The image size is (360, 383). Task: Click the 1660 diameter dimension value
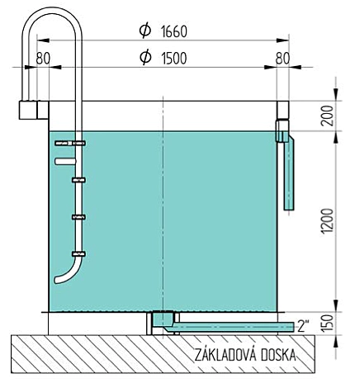tap(174, 31)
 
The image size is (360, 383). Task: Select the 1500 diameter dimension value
tap(174, 58)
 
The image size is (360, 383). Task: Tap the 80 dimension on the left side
tap(43, 58)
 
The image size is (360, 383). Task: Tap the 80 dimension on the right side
tap(282, 58)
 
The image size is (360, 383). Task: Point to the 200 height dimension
tap(328, 116)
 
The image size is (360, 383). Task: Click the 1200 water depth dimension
tap(328, 221)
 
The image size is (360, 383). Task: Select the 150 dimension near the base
tap(328, 323)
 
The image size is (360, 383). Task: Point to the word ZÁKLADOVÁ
tap(225, 355)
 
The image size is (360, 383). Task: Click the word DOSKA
tap(278, 355)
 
